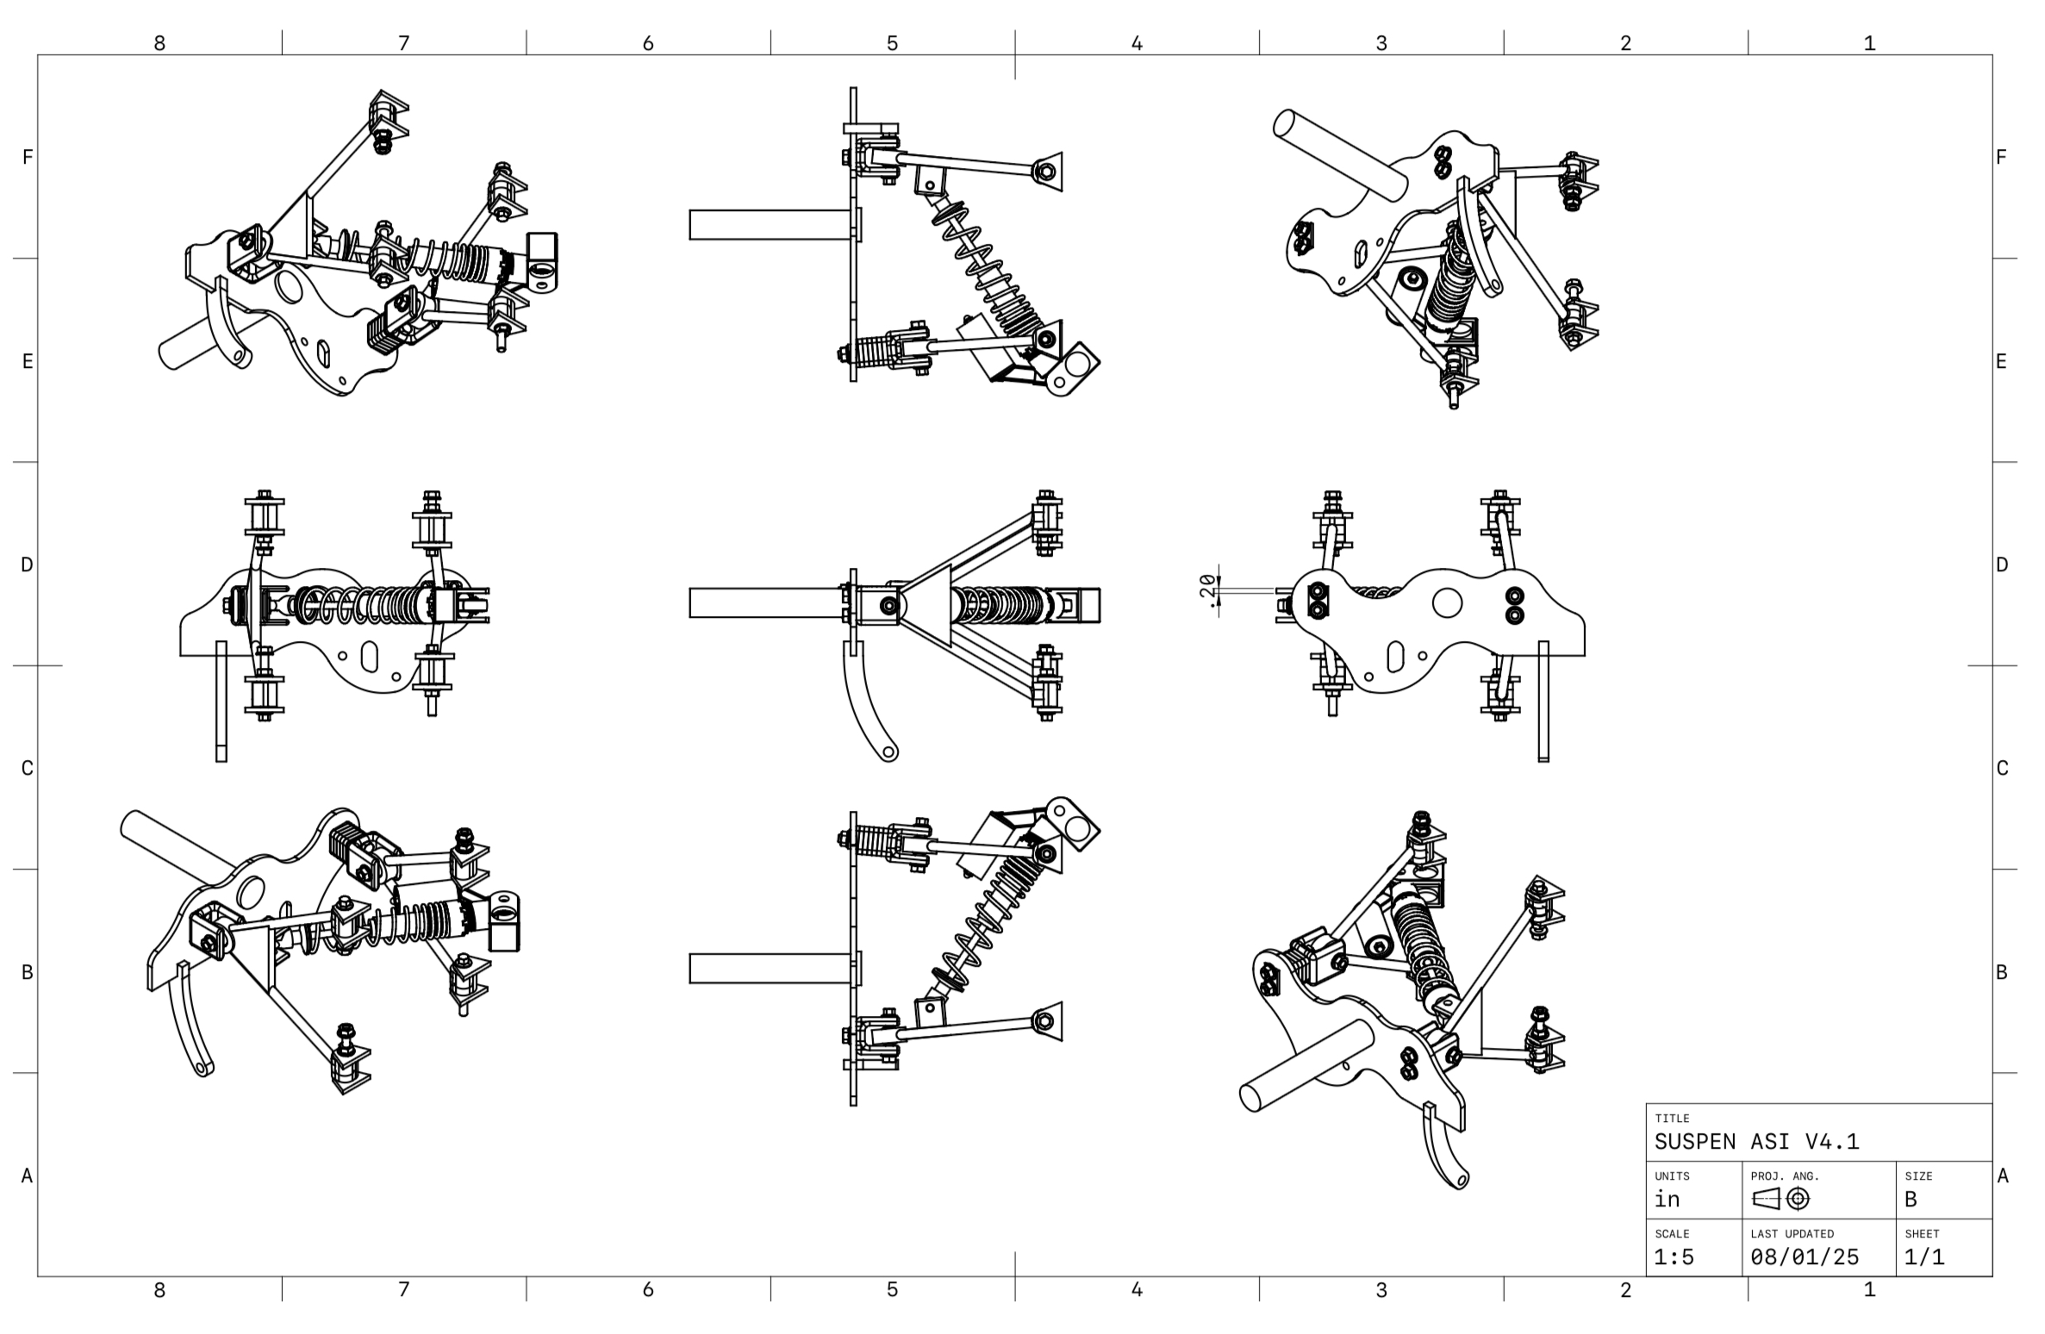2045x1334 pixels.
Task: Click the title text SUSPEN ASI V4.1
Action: pyautogui.click(x=1756, y=1142)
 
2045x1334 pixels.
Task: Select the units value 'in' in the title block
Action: pyautogui.click(x=1668, y=1200)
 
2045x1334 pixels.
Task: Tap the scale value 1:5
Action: pyautogui.click(x=1674, y=1257)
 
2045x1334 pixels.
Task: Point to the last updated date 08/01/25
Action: pyautogui.click(x=1805, y=1257)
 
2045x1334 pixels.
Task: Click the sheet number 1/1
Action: pyautogui.click(x=1924, y=1257)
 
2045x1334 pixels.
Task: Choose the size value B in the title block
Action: pyautogui.click(x=1911, y=1200)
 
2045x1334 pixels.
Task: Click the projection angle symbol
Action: pyautogui.click(x=1780, y=1199)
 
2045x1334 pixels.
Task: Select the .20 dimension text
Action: pyautogui.click(x=1209, y=590)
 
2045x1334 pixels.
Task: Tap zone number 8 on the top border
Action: pyautogui.click(x=159, y=43)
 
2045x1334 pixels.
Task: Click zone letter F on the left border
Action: pyautogui.click(x=28, y=157)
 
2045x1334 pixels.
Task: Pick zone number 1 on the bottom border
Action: pyautogui.click(x=1869, y=1289)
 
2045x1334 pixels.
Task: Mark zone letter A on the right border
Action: pyautogui.click(x=2002, y=1175)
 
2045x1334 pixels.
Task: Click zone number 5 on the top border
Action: pyautogui.click(x=892, y=43)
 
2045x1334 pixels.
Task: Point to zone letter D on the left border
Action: pyautogui.click(x=28, y=564)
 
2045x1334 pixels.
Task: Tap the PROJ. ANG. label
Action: pyautogui.click(x=1785, y=1176)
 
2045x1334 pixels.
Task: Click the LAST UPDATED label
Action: pyautogui.click(x=1792, y=1234)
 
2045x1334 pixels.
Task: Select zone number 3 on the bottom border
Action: pyautogui.click(x=1381, y=1289)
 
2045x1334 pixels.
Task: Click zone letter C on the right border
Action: pyautogui.click(x=2002, y=768)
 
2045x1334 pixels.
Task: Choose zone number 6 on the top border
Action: pyautogui.click(x=648, y=43)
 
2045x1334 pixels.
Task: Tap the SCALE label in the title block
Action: pyautogui.click(x=1672, y=1234)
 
